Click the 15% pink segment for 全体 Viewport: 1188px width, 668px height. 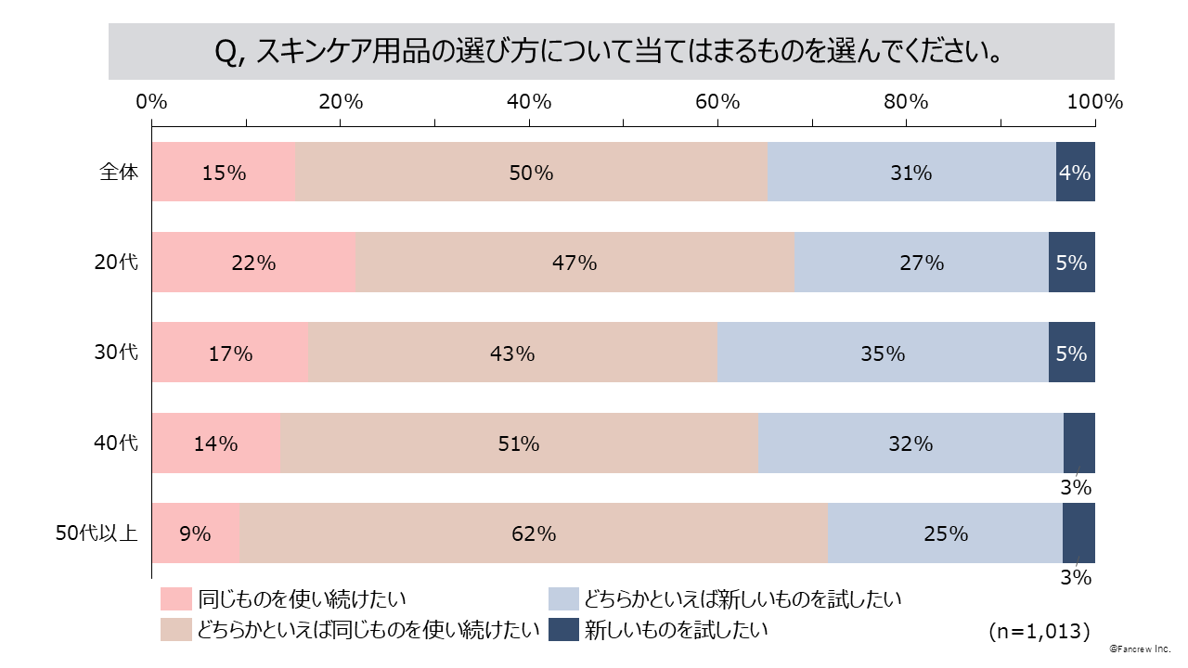[x=223, y=172]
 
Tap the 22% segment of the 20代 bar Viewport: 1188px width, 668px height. [x=253, y=263]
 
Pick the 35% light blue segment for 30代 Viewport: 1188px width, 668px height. [x=883, y=353]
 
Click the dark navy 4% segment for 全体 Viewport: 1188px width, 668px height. [x=1076, y=172]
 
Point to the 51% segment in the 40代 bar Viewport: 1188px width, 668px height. [x=519, y=443]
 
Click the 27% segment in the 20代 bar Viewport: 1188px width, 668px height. [x=922, y=263]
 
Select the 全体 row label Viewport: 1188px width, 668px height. [x=119, y=172]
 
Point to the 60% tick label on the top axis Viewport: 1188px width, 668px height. [x=717, y=102]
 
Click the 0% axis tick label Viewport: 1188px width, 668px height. [x=152, y=102]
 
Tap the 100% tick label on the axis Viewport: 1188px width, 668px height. [x=1095, y=102]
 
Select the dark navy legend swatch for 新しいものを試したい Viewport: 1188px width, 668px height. [x=563, y=630]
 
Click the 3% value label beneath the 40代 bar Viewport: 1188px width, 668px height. [x=1077, y=487]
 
